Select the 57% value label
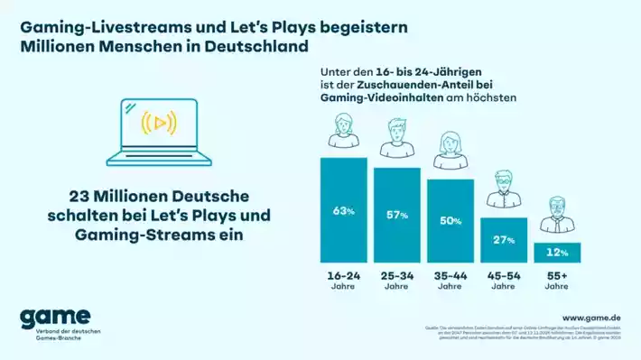[397, 216]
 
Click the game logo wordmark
[55, 317]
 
